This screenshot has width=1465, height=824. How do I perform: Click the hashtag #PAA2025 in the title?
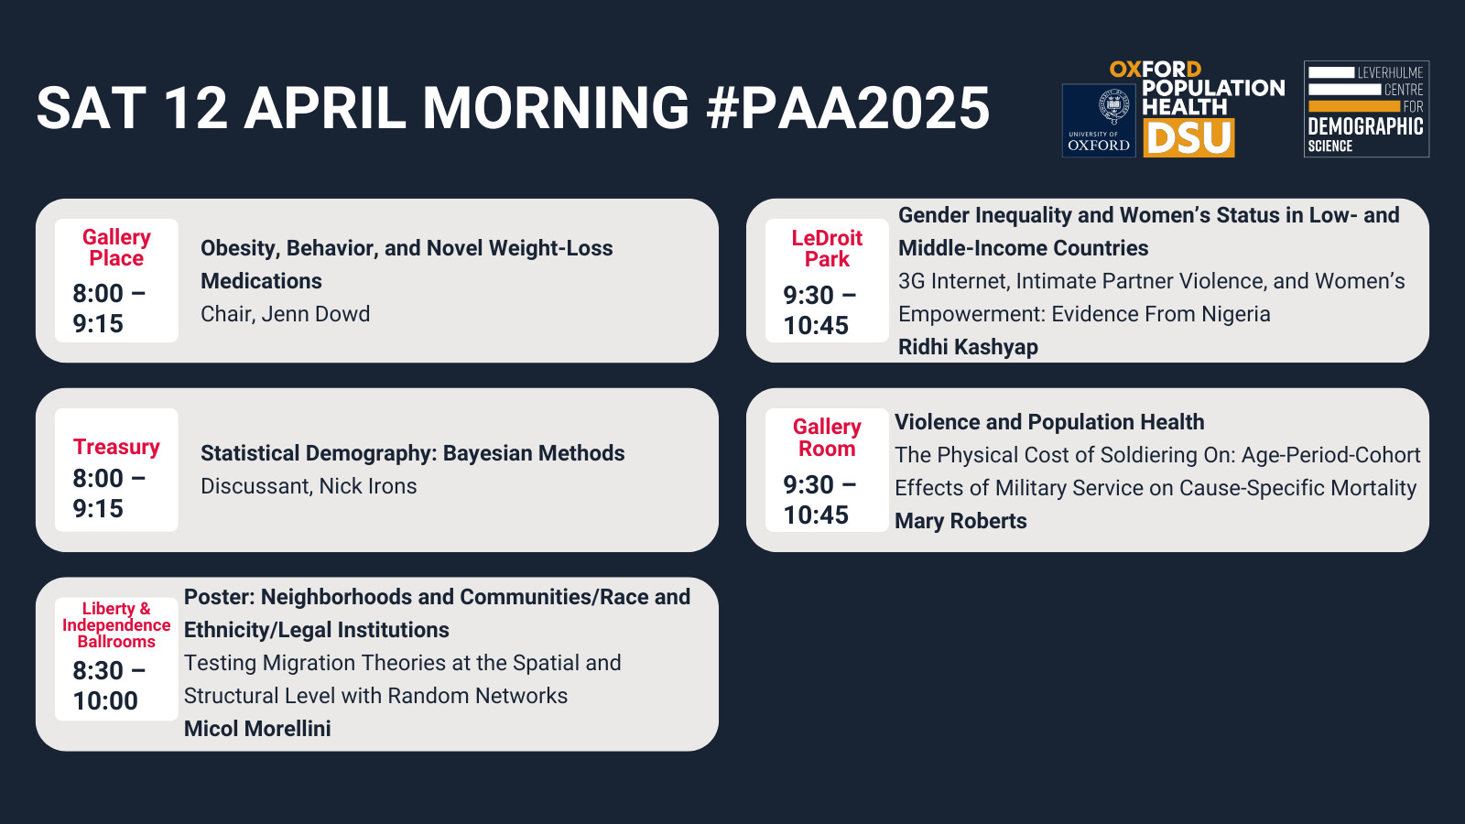pyautogui.click(x=848, y=108)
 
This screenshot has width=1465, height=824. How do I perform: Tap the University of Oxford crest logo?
pyautogui.click(x=1099, y=120)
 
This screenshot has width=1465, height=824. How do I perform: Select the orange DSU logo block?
pyautogui.click(x=1188, y=138)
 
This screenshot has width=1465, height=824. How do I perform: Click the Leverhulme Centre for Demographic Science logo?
pyautogui.click(x=1366, y=109)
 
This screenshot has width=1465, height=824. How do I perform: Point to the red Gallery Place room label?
pyautogui.click(x=116, y=247)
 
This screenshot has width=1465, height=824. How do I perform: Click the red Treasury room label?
pyautogui.click(x=116, y=447)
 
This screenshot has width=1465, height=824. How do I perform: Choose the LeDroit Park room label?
pyautogui.click(x=827, y=248)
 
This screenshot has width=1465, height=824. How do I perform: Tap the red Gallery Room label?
pyautogui.click(x=827, y=438)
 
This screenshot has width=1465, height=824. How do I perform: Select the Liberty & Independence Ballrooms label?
pyautogui.click(x=116, y=624)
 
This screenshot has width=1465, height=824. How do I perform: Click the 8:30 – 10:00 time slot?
pyautogui.click(x=109, y=686)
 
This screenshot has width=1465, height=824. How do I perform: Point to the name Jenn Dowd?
pyautogui.click(x=315, y=314)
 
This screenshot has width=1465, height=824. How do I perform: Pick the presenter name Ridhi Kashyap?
pyautogui.click(x=968, y=347)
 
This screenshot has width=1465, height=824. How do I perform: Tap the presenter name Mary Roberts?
pyautogui.click(x=960, y=521)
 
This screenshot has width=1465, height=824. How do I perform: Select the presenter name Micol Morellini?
pyautogui.click(x=257, y=729)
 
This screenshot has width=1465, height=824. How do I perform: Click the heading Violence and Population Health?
pyautogui.click(x=1049, y=422)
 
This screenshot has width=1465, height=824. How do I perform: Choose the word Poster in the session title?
pyautogui.click(x=219, y=597)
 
